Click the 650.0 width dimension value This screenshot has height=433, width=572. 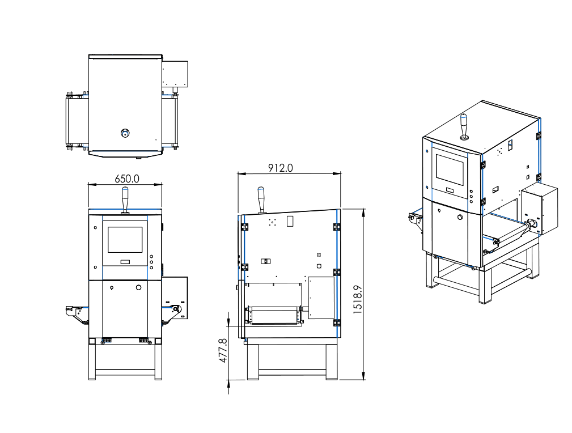tap(127, 179)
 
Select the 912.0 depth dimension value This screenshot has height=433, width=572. tap(281, 168)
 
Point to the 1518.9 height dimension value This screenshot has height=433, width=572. tap(358, 299)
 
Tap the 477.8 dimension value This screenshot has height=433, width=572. tap(223, 351)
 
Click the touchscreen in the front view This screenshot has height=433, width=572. tap(125, 240)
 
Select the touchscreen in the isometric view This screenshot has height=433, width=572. tap(450, 170)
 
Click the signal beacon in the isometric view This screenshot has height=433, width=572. tap(464, 126)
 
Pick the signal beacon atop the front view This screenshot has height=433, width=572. tap(125, 199)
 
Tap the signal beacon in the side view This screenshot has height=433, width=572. tap(261, 200)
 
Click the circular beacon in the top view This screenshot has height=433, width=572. tap(125, 133)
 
